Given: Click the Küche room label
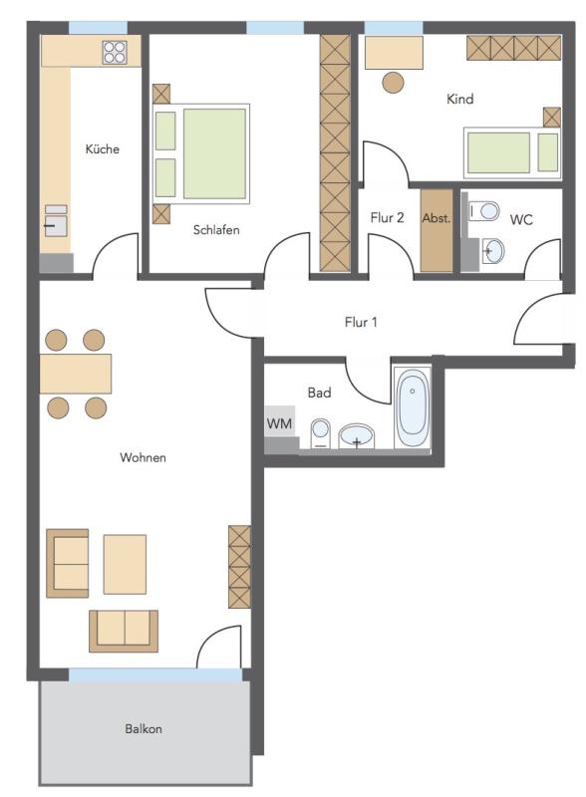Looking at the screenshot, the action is click(x=103, y=148).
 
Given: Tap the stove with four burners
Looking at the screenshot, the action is click(x=115, y=53).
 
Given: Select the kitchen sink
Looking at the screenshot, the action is click(x=56, y=221).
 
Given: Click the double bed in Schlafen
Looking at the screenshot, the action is click(x=201, y=154).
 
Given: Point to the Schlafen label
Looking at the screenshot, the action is click(x=216, y=230).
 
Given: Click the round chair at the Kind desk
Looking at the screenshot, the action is click(x=394, y=83).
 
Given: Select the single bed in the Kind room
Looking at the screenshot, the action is click(x=512, y=152).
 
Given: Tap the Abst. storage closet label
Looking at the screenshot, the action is click(x=437, y=218).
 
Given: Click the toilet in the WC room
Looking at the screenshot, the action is click(x=483, y=210).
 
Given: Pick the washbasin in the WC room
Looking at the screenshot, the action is click(x=492, y=251).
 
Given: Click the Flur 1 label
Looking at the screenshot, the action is click(x=361, y=322).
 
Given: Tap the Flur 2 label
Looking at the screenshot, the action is click(x=387, y=217).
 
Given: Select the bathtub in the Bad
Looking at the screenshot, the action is click(x=413, y=408).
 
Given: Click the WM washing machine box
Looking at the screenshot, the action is click(x=279, y=422).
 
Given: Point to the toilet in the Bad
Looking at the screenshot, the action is click(x=321, y=433).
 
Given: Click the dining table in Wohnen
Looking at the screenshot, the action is click(x=76, y=374).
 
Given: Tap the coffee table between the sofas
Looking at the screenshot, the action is click(x=125, y=564).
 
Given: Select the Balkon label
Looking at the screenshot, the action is click(x=144, y=728).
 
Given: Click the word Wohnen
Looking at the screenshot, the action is click(x=143, y=457).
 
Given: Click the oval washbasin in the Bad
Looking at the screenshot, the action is click(x=357, y=436).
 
